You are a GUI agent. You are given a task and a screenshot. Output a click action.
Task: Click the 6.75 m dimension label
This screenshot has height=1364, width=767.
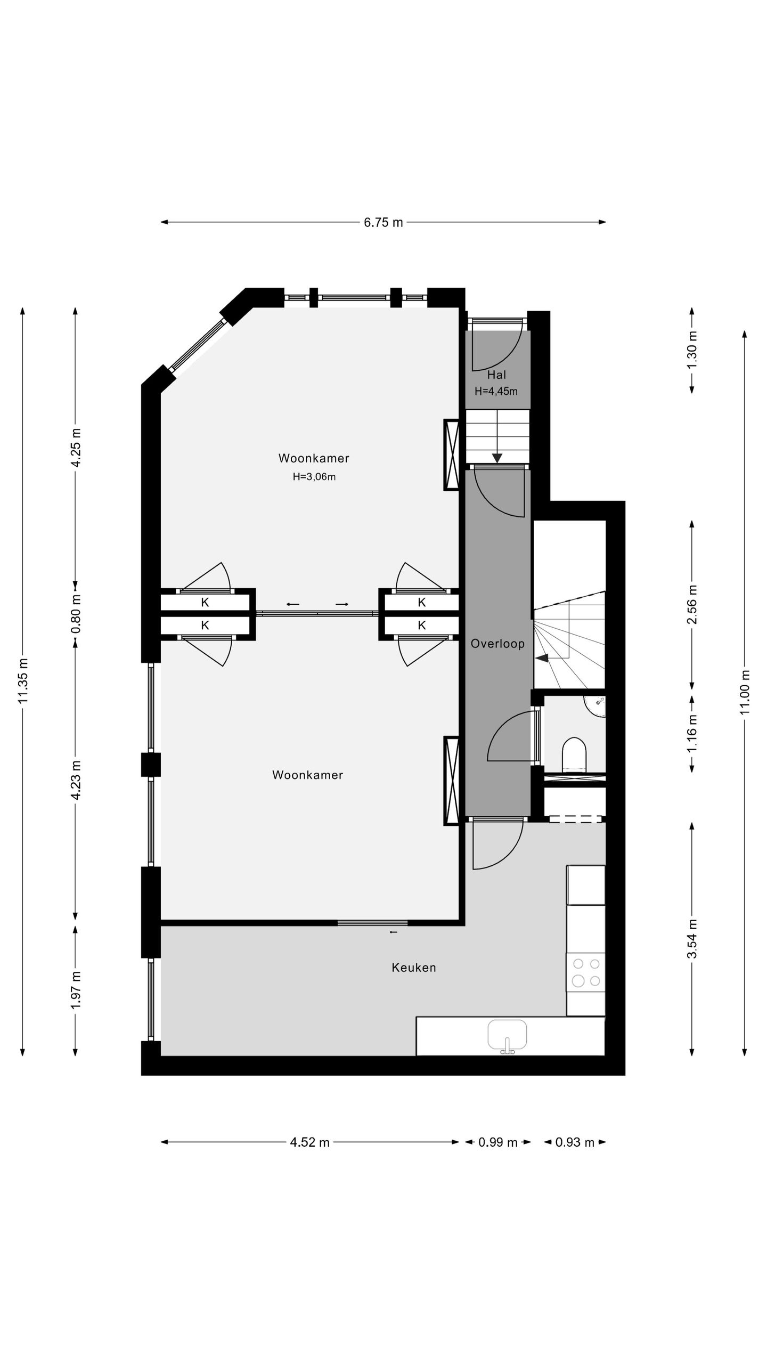click(383, 222)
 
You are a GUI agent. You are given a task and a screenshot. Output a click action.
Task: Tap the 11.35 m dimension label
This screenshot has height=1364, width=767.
click(23, 680)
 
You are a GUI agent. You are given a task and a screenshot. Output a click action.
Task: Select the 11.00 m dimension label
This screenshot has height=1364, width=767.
click(745, 692)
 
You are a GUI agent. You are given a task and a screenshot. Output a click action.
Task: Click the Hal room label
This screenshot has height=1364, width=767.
click(496, 375)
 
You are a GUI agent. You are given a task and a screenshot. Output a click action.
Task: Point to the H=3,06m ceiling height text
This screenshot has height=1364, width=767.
click(314, 477)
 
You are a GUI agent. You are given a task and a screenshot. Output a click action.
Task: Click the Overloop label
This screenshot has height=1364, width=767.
click(497, 644)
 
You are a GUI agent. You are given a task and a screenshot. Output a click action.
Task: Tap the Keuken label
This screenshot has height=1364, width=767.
click(414, 968)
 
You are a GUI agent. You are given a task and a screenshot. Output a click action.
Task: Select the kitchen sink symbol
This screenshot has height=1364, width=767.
click(507, 1035)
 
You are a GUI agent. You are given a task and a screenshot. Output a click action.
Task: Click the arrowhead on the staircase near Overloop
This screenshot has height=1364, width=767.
click(542, 659)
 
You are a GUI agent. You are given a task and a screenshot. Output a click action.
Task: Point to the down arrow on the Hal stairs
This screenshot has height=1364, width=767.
click(497, 458)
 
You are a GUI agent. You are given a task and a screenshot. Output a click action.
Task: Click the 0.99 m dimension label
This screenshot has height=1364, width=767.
click(497, 1142)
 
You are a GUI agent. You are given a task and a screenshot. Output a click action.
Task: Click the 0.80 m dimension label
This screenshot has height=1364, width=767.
click(76, 613)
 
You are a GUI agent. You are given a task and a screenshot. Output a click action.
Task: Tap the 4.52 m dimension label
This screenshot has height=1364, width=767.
click(309, 1142)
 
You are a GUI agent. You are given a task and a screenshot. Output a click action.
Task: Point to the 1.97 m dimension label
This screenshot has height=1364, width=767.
click(76, 989)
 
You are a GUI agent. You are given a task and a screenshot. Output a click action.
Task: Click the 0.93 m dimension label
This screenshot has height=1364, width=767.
click(575, 1142)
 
